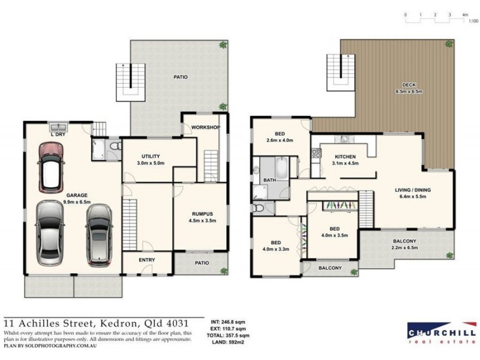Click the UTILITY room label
pos(150,155)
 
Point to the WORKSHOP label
pos(205,128)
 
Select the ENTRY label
pos(147,260)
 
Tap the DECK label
pos(409,85)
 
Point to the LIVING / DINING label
pos(413,190)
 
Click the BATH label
pos(270,179)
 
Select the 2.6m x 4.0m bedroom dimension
pos(280,140)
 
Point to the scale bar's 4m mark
pos(465,14)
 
